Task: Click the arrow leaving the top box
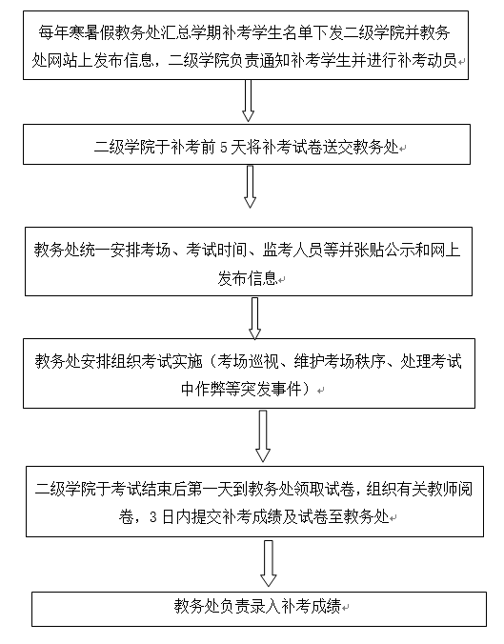pos(248,100)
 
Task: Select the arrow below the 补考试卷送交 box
pos(250,187)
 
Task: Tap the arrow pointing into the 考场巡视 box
pos(254,318)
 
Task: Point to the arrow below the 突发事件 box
pos(263,436)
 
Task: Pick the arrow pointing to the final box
pos(269,564)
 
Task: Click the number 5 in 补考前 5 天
pos(224,147)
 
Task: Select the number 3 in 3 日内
pos(153,516)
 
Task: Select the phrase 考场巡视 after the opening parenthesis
pos(248,361)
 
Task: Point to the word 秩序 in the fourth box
pos(370,361)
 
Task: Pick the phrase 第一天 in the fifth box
pos(210,489)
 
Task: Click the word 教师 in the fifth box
pos(427,489)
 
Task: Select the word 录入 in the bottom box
pos(266,606)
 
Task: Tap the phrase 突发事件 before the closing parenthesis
pos(272,389)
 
